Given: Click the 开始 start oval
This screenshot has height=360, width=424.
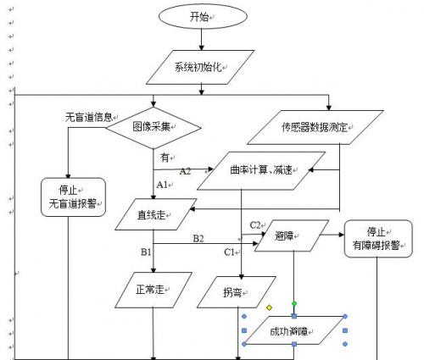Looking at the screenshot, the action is (203, 16).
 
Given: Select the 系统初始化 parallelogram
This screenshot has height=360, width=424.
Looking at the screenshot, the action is (200, 67).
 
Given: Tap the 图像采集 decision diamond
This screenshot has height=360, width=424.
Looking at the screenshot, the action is (153, 128).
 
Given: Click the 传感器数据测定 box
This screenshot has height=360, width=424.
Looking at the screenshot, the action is (315, 127).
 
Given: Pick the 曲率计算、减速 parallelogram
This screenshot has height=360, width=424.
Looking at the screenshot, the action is (261, 170).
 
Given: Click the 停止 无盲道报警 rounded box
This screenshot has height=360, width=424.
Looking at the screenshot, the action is (73, 197).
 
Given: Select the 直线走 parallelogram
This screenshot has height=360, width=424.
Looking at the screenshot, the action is (156, 214).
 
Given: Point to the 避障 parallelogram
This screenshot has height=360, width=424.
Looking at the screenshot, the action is (292, 235).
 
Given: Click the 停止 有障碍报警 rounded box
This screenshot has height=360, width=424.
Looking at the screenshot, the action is (378, 239).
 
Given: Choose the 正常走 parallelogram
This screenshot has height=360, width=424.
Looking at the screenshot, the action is (153, 290).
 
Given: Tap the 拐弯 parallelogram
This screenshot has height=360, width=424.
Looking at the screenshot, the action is (237, 292).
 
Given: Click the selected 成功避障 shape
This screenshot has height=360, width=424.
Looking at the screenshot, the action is (294, 330).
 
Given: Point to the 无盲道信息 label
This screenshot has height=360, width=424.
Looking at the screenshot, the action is (89, 117).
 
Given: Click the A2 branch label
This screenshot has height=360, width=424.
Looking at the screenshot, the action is (185, 171).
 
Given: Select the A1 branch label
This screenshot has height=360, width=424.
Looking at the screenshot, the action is (162, 185).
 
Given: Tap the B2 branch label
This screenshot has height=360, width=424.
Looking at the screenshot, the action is (198, 239).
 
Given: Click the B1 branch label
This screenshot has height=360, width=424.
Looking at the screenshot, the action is (146, 252).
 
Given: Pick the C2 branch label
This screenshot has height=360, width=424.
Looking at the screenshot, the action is (255, 225).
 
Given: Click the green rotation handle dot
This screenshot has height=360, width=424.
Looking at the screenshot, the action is (294, 304).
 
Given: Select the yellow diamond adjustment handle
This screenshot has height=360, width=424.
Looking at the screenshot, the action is (269, 307).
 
